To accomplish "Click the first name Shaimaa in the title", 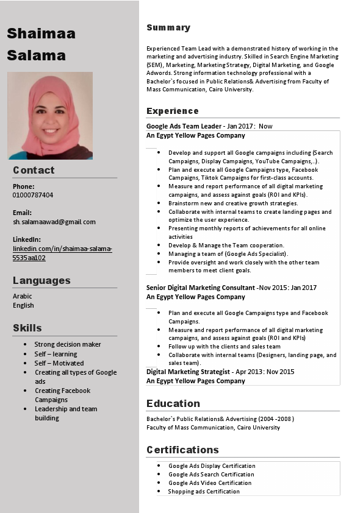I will click(x=41, y=34).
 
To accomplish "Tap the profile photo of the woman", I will click(x=50, y=115).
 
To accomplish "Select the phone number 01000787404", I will click(x=33, y=195).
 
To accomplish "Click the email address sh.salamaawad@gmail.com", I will click(x=54, y=222).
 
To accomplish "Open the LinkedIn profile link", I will click(x=62, y=253).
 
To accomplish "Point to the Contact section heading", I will click(x=34, y=170).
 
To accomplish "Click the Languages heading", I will click(x=41, y=280).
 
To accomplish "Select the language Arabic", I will click(x=23, y=296).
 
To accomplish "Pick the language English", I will click(x=23, y=305).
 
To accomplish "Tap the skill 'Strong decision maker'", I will click(x=68, y=344).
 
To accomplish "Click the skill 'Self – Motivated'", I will click(x=59, y=363).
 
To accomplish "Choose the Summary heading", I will click(x=168, y=27).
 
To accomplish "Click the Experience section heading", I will click(x=173, y=111).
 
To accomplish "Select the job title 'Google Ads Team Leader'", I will click(x=184, y=126).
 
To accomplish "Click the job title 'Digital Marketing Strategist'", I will click(x=188, y=371).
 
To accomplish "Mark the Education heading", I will click(x=173, y=403).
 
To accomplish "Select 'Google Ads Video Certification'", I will click(x=210, y=483).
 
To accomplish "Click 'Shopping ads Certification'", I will click(x=204, y=491).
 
